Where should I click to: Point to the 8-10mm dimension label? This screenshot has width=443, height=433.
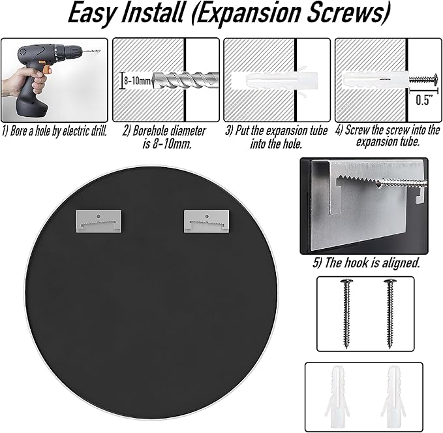tap(137, 81)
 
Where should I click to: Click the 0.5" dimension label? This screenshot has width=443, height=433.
tap(424, 100)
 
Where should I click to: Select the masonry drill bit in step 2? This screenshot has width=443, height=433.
tap(185, 80)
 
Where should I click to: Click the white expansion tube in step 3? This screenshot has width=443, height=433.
tap(275, 80)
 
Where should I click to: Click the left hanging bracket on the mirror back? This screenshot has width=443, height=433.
tap(99, 221)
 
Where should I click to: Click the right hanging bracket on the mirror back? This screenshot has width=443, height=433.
tap(206, 221)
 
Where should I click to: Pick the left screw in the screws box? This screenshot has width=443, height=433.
tap(346, 313)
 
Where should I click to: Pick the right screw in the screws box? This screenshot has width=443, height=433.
tap(390, 313)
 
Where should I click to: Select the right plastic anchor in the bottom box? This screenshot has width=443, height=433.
tap(394, 396)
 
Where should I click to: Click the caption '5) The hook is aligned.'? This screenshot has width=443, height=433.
tap(366, 263)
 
